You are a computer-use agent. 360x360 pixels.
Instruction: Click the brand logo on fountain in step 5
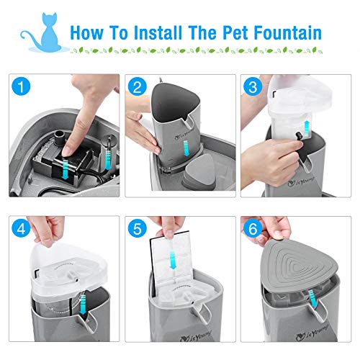170,335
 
